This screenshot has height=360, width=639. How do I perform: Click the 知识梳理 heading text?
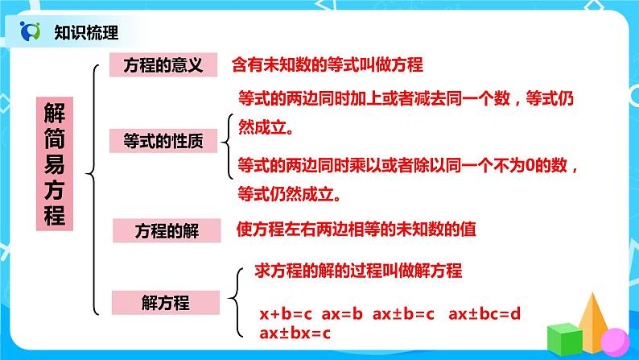click(x=86, y=33)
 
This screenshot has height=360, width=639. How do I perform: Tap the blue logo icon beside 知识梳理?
click(x=31, y=32)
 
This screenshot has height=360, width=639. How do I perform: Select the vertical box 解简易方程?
click(x=54, y=165)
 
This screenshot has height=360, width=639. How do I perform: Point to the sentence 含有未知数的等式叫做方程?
click(x=327, y=64)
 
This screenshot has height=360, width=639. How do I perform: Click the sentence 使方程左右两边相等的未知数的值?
click(x=357, y=229)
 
